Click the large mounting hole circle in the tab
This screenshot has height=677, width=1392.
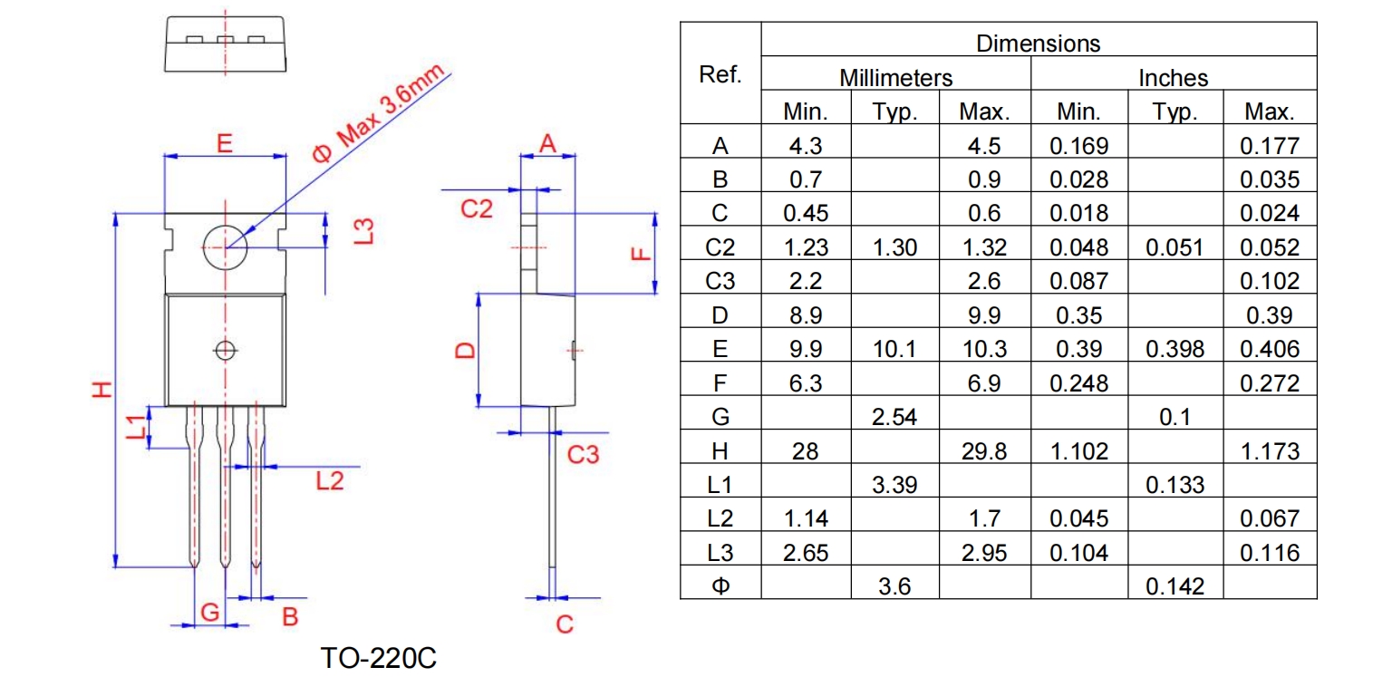click(x=226, y=246)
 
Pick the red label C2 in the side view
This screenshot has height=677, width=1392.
click(x=477, y=209)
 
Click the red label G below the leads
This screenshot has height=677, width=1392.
click(x=209, y=613)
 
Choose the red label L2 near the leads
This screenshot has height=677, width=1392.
click(x=330, y=480)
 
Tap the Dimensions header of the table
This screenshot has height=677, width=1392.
click(x=1038, y=43)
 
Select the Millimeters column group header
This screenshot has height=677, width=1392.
click(x=895, y=78)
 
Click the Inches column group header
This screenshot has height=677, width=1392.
click(x=1173, y=78)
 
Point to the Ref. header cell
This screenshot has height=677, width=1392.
click(x=720, y=75)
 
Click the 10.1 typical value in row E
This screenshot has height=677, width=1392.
click(x=894, y=349)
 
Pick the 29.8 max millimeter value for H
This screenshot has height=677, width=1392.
click(x=984, y=451)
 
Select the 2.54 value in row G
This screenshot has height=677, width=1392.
click(x=894, y=417)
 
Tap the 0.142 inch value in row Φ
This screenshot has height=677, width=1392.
click(x=1174, y=586)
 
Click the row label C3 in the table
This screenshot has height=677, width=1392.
click(x=720, y=281)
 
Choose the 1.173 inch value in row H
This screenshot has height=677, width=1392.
click(x=1270, y=451)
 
